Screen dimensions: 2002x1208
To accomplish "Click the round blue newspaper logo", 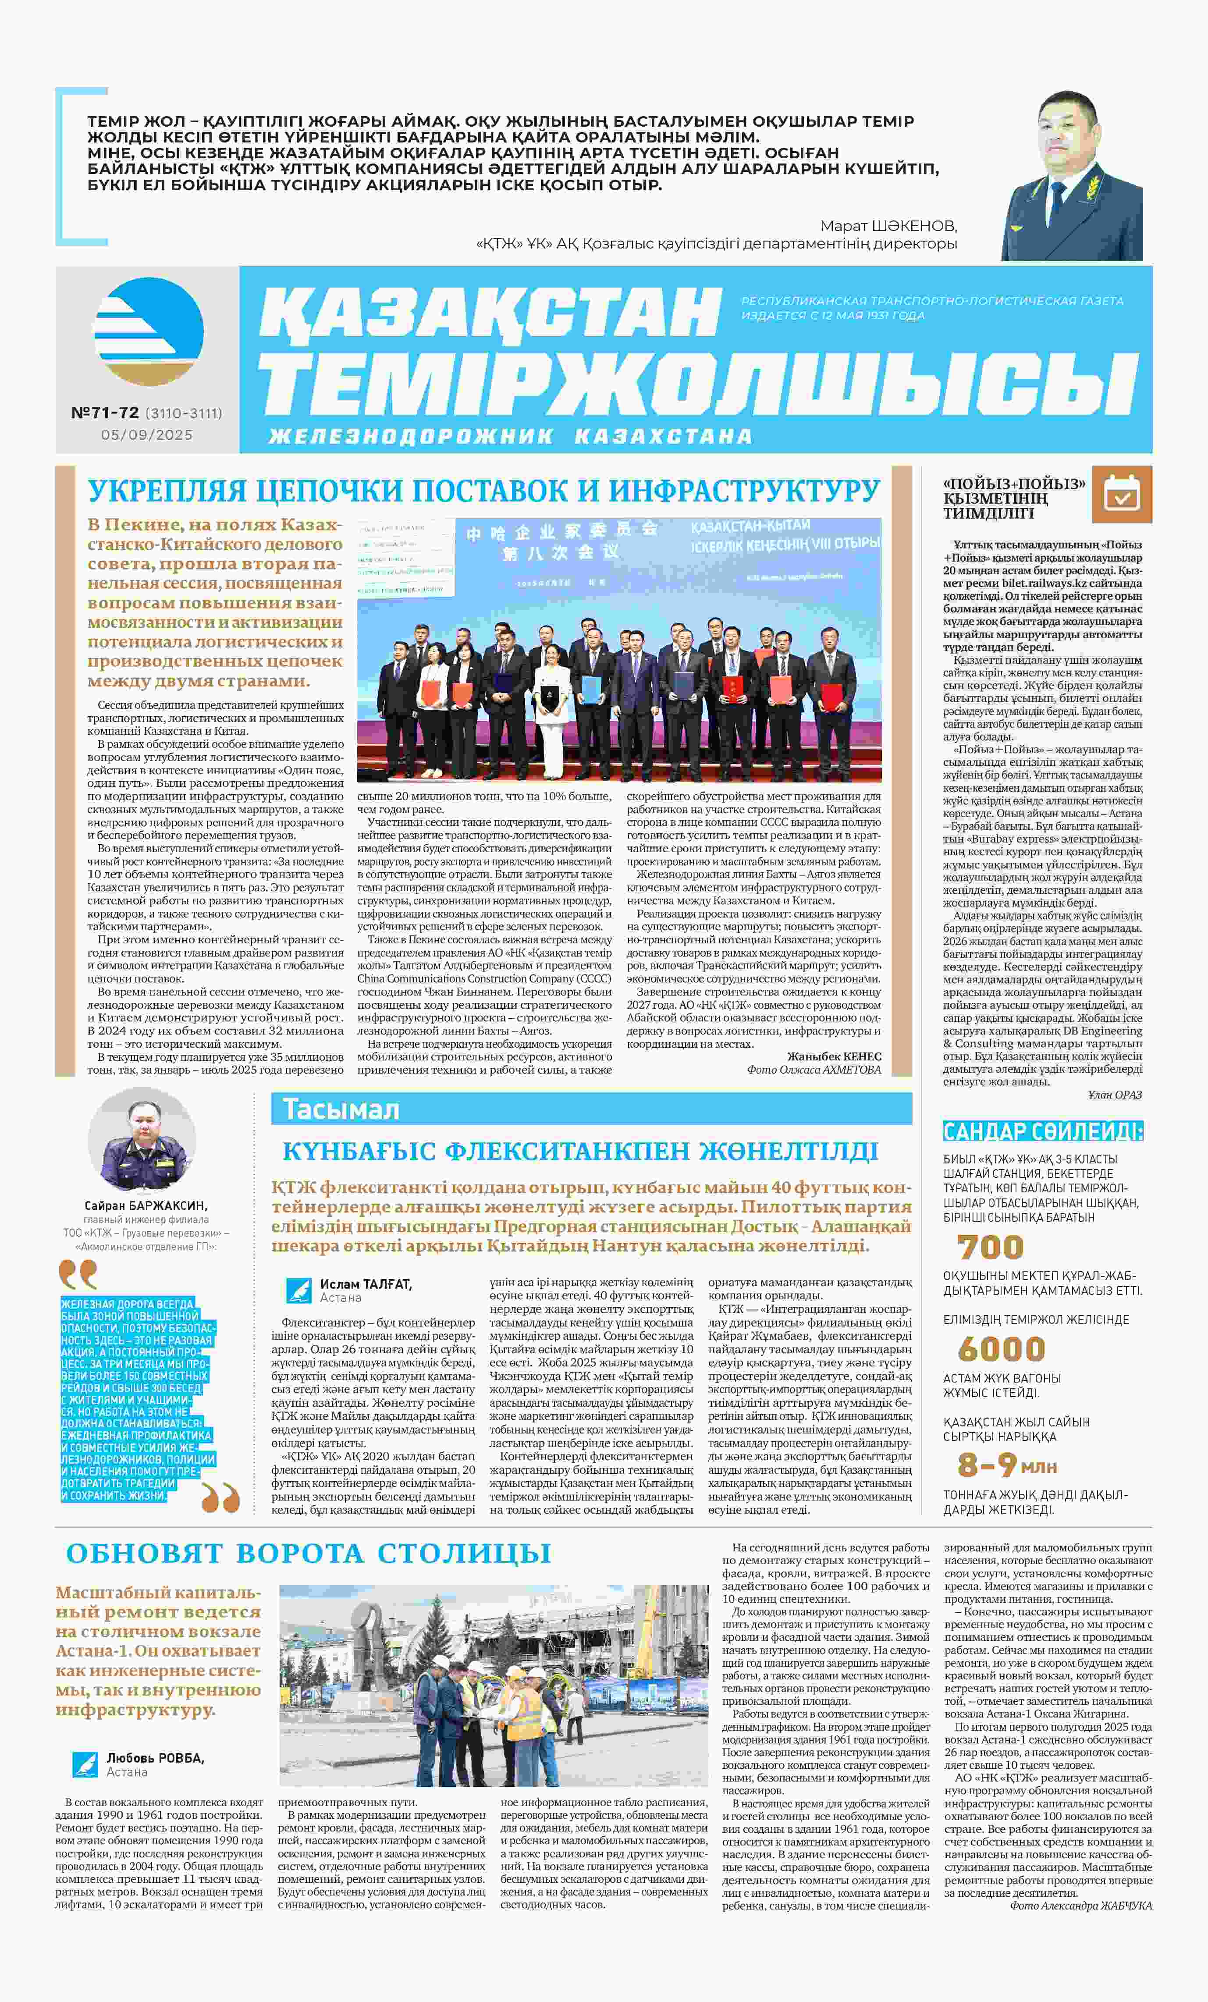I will pyautogui.click(x=149, y=331).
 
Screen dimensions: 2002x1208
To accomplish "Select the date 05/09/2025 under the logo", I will pyautogui.click(x=147, y=435).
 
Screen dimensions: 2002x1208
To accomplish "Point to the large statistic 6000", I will pyautogui.click(x=1001, y=1349).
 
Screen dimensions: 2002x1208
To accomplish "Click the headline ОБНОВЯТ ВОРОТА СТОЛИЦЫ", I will pyautogui.click(x=309, y=1553).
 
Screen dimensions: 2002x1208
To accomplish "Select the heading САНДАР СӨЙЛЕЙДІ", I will pyautogui.click(x=1042, y=1131).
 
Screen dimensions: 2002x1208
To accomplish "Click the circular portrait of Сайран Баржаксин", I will pyautogui.click(x=142, y=1140).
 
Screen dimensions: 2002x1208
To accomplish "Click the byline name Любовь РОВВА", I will pyautogui.click(x=155, y=1757).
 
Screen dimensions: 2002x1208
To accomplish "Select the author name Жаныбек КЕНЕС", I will pyautogui.click(x=834, y=1056).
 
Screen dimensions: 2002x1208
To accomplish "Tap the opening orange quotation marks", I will pyautogui.click(x=78, y=1274).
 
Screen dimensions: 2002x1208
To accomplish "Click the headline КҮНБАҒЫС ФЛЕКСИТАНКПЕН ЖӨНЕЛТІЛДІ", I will pyautogui.click(x=580, y=1151).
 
